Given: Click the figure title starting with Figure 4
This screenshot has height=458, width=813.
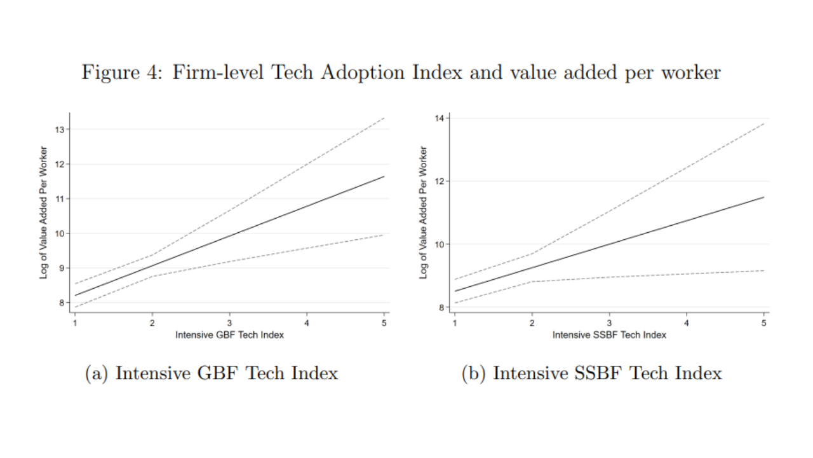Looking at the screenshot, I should pyautogui.click(x=401, y=73).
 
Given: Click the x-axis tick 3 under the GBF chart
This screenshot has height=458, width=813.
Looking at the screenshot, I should pyautogui.click(x=229, y=323).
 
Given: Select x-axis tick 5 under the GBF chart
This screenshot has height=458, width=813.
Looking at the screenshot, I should pyautogui.click(x=384, y=323).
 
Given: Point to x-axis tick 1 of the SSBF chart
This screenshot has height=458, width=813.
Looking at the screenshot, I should pyautogui.click(x=455, y=323).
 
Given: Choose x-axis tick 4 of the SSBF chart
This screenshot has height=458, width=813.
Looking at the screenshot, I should pyautogui.click(x=687, y=323).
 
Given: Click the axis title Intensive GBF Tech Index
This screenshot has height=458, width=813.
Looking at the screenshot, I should pyautogui.click(x=229, y=335).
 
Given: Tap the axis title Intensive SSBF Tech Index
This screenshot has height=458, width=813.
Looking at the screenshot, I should pyautogui.click(x=609, y=335).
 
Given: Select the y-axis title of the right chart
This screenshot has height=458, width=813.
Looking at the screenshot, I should pyautogui.click(x=424, y=212).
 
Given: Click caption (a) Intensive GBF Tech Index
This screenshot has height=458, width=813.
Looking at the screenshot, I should pyautogui.click(x=212, y=373).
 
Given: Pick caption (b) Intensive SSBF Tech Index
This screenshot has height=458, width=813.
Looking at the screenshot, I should pyautogui.click(x=591, y=373).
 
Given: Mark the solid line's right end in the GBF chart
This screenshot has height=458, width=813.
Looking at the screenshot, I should pyautogui.click(x=384, y=177).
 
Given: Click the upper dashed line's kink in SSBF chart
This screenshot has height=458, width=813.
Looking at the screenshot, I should pyautogui.click(x=532, y=253).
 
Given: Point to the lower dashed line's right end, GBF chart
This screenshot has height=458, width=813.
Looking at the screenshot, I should pyautogui.click(x=384, y=235).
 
